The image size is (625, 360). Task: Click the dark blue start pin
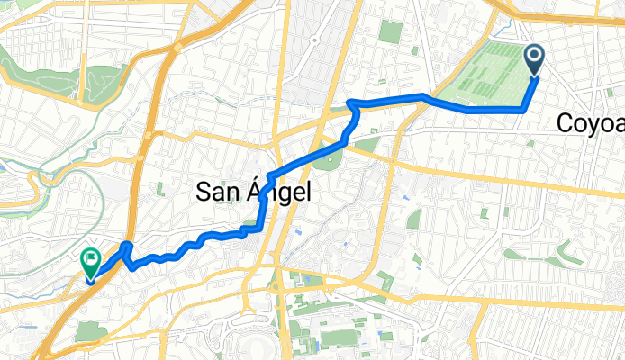pos(534,60)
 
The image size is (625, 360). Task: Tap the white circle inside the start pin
pos(534,58)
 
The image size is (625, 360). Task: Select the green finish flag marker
pos(91,264)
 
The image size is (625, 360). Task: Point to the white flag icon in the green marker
pos(91,261)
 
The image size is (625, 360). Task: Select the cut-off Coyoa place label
pos(591,122)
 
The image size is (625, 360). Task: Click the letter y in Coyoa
pos(593,124)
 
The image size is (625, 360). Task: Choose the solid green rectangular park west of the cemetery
pos(390,31)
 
